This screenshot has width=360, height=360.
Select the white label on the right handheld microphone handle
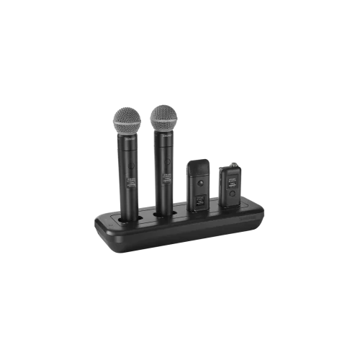[x=166, y=181]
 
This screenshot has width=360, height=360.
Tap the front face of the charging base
[x=180, y=238]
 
